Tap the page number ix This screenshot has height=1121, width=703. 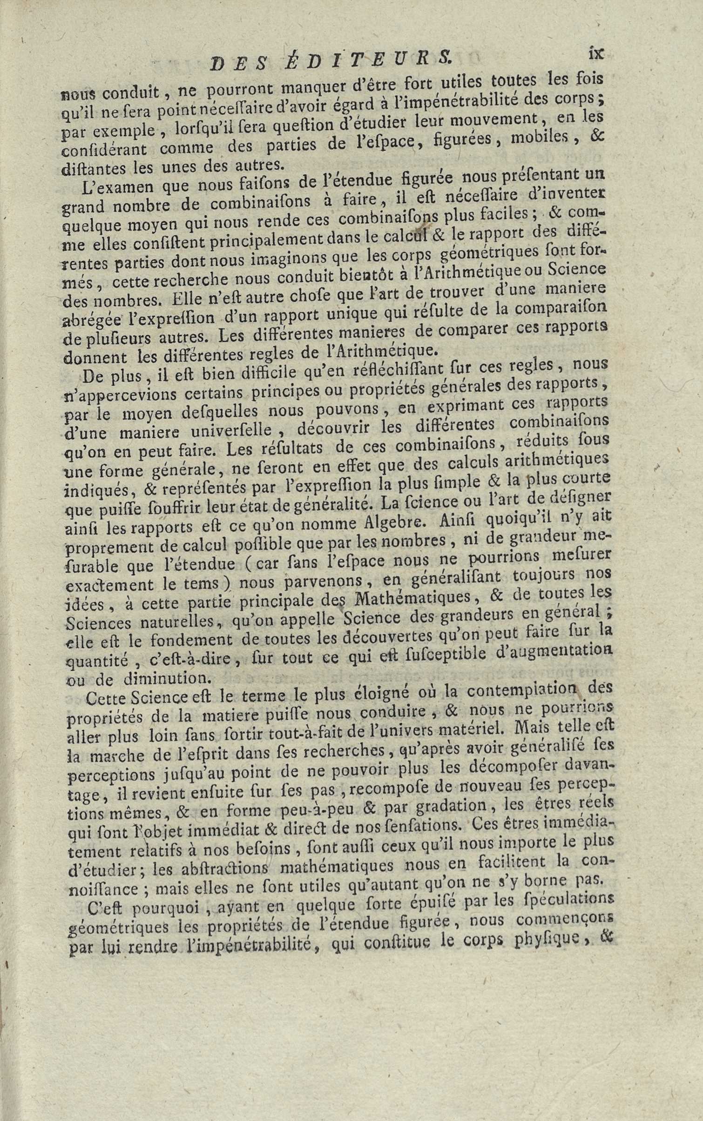(x=595, y=53)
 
